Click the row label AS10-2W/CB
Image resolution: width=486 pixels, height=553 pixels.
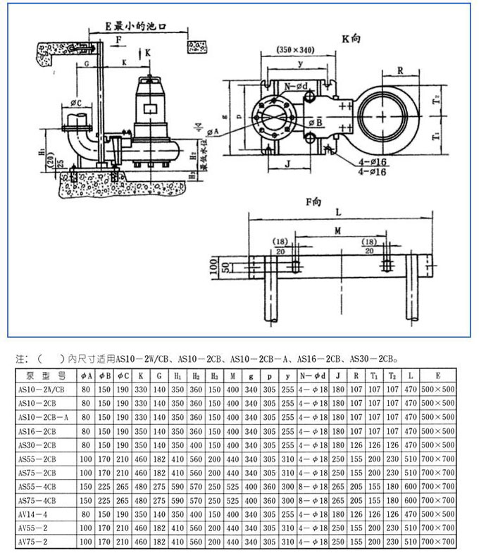pyautogui.click(x=42, y=389)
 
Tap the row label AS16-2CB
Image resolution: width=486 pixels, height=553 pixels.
pyautogui.click(x=38, y=430)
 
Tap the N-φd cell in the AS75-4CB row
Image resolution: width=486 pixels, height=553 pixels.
pyautogui.click(x=314, y=500)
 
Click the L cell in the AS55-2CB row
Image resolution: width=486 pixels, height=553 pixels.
pyautogui.click(x=411, y=459)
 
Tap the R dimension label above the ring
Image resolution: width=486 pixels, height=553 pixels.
pyautogui.click(x=399, y=71)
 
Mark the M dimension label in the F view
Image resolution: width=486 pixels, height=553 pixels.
pyautogui.click(x=337, y=231)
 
